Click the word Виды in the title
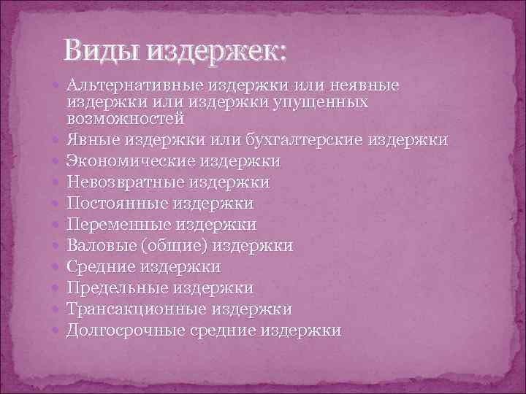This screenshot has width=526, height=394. (x=102, y=51)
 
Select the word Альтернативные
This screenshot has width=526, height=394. (x=137, y=86)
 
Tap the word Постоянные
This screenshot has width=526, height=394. (x=113, y=203)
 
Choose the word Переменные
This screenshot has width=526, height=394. (x=114, y=224)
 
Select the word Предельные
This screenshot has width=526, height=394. (x=113, y=288)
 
